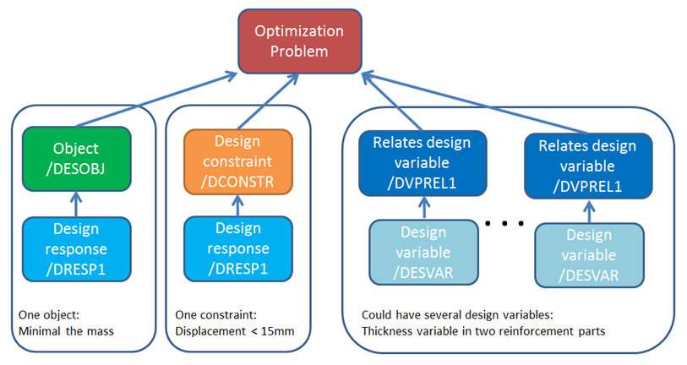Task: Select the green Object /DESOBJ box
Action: click(x=77, y=158)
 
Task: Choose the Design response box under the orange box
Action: click(x=237, y=249)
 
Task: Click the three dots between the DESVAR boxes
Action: click(x=505, y=224)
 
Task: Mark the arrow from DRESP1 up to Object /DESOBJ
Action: click(x=76, y=203)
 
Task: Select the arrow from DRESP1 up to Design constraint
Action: click(x=237, y=204)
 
